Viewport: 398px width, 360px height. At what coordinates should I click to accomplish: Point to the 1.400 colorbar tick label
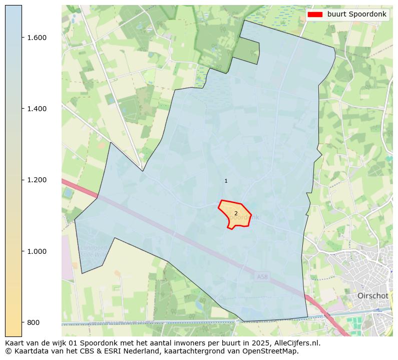click(x=36, y=109)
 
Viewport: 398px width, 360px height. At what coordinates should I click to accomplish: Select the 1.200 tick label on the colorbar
click(x=36, y=180)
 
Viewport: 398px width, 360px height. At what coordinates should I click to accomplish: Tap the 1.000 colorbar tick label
click(x=36, y=251)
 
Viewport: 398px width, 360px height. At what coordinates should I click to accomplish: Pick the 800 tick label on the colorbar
click(x=33, y=322)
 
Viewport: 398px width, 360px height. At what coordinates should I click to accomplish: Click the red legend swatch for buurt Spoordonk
click(x=315, y=15)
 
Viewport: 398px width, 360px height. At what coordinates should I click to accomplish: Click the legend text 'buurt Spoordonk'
click(x=356, y=15)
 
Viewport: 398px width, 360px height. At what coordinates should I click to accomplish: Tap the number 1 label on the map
click(x=226, y=181)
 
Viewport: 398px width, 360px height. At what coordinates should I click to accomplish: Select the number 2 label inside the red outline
click(x=236, y=213)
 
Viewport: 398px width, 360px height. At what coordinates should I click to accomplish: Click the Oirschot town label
click(x=372, y=296)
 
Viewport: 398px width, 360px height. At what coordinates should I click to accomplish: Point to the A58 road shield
click(x=262, y=276)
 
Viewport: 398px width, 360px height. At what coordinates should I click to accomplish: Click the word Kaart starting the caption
click(x=15, y=343)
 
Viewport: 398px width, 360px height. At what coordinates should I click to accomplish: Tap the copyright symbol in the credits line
click(x=9, y=351)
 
